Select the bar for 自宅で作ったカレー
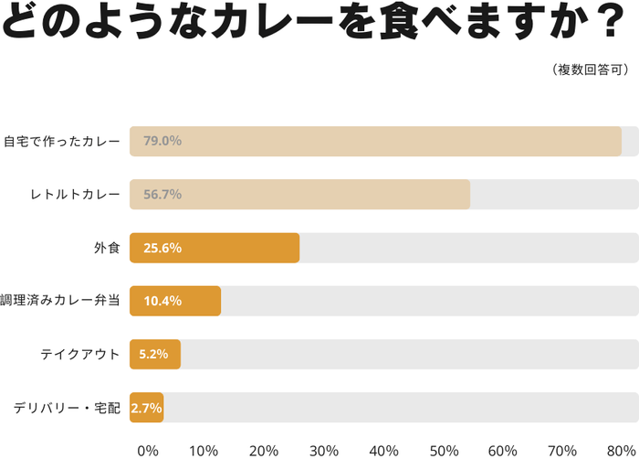click(x=375, y=142)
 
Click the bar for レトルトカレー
click(x=299, y=195)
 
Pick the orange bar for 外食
click(x=215, y=248)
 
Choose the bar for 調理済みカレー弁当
click(x=175, y=301)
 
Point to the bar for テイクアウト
click(x=155, y=354)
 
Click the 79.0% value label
click(x=162, y=142)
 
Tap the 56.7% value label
click(x=162, y=195)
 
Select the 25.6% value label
click(x=162, y=248)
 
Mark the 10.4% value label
click(x=162, y=301)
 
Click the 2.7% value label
click(x=147, y=407)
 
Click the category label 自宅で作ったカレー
click(x=61, y=142)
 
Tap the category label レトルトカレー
click(x=75, y=195)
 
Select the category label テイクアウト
click(x=80, y=354)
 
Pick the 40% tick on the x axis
click(x=384, y=450)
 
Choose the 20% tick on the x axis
click(x=264, y=450)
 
